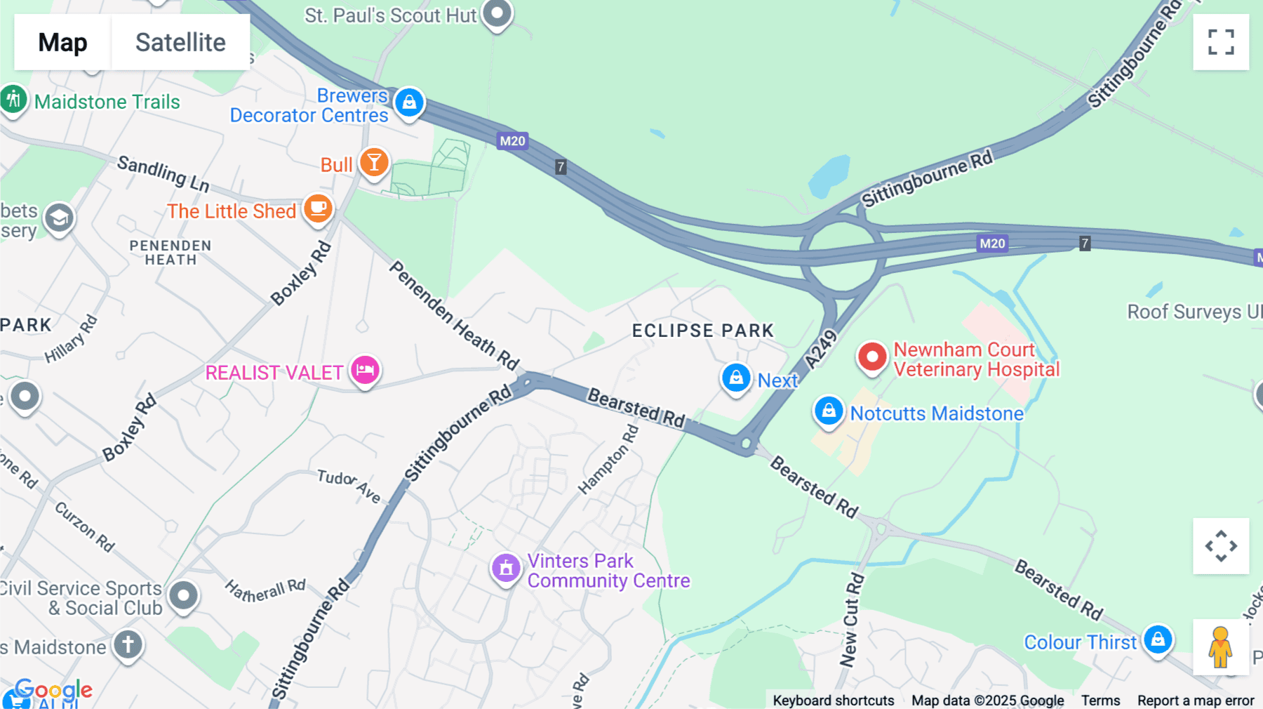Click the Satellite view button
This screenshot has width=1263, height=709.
[180, 42]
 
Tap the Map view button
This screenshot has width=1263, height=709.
[62, 42]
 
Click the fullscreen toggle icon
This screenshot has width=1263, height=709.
[1221, 42]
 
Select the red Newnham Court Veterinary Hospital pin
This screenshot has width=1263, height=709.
[872, 357]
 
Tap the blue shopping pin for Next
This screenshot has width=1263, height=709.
[736, 378]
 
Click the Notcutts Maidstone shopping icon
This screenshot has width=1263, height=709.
[828, 411]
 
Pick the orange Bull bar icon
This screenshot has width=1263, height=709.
[374, 163]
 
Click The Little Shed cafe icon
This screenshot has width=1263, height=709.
[318, 208]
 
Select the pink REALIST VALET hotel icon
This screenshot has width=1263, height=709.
[365, 369]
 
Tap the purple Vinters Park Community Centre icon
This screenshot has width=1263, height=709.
[506, 569]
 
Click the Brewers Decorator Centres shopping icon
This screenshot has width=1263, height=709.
[409, 102]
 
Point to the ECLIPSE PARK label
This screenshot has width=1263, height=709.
[702, 331]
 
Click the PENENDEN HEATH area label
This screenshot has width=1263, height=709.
[171, 253]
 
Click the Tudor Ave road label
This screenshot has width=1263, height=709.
[349, 486]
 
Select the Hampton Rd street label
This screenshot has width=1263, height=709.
[608, 460]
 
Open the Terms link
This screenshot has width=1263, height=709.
[1100, 701]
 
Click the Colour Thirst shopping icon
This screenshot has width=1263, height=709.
[1158, 640]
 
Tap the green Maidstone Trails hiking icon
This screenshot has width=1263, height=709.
[14, 100]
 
